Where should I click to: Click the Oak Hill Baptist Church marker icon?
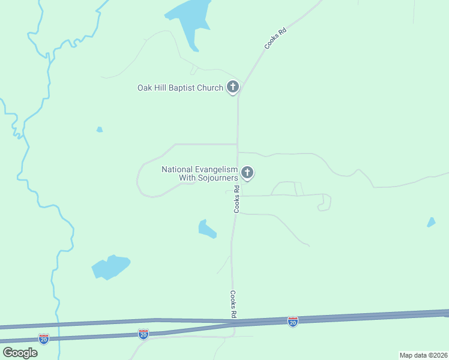pyautogui.click(x=233, y=88)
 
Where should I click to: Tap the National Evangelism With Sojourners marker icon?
pyautogui.click(x=247, y=173)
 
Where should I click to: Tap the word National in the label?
pyautogui.click(x=175, y=169)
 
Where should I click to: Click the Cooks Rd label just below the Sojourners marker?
pyautogui.click(x=237, y=199)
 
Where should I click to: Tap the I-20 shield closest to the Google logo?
pyautogui.click(x=43, y=339)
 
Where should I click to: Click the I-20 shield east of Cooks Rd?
pyautogui.click(x=292, y=322)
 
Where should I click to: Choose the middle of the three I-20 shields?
pyautogui.click(x=143, y=334)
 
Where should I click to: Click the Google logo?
pyautogui.click(x=20, y=352)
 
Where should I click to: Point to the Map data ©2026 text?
pyautogui.click(x=423, y=355)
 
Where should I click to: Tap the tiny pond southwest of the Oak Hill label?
pyautogui.click(x=100, y=129)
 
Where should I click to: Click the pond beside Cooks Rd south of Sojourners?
pyautogui.click(x=206, y=229)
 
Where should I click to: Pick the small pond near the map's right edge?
pyautogui.click(x=431, y=222)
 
